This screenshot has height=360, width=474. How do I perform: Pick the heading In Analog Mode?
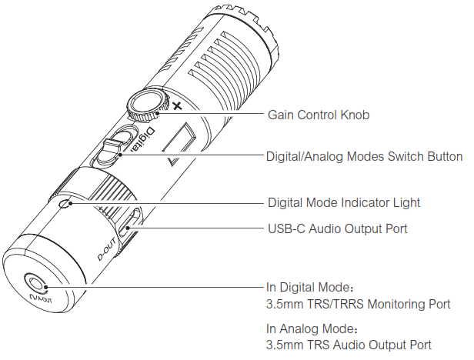pyautogui.click(x=308, y=328)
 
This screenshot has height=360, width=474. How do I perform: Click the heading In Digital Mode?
pyautogui.click(x=307, y=286)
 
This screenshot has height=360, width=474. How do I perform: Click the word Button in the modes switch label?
pyautogui.click(x=445, y=156)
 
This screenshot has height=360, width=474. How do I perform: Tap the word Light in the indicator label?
pyautogui.click(x=407, y=203)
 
